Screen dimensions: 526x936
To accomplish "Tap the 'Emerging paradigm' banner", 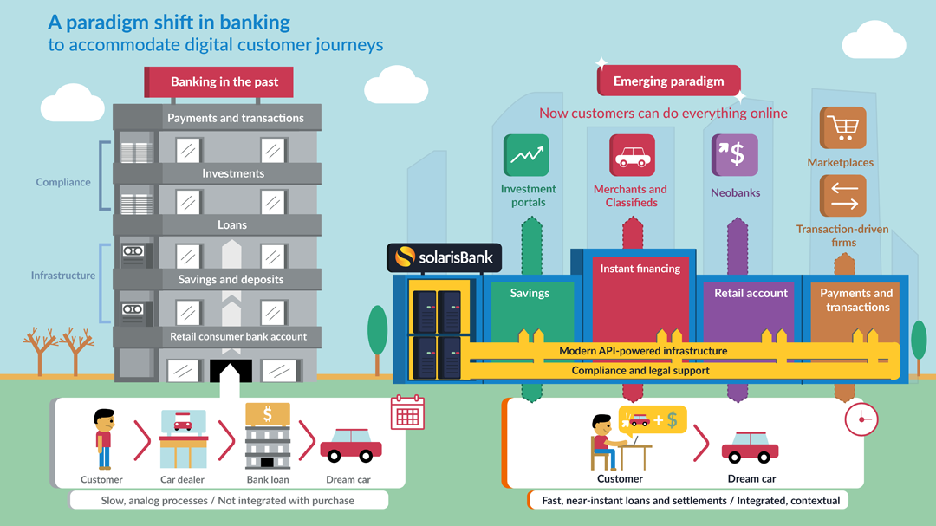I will pos(668,81).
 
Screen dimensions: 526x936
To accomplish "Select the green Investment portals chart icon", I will pos(526,156).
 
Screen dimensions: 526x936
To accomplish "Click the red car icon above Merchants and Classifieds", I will pos(632,156).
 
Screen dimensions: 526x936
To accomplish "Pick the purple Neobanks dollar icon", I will pos(735,156).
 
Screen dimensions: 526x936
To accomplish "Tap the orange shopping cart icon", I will pos(842,128).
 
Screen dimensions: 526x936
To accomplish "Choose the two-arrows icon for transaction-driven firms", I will pos(842,197).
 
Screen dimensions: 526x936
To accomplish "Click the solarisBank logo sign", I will pos(444,257).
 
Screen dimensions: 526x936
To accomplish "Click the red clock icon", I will pos(861,419).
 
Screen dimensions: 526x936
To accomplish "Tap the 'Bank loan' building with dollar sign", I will pos(267,436).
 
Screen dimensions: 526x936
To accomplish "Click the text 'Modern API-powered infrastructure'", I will pos(642,351).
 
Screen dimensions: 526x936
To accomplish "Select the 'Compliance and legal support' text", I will pos(640,370).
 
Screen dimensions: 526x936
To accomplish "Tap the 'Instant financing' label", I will pos(640,269).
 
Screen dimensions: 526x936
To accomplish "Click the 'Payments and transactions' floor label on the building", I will pos(235,118).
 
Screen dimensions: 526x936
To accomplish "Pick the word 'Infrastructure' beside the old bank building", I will pos(63,276).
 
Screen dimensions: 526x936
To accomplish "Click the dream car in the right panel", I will pos(750,445).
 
